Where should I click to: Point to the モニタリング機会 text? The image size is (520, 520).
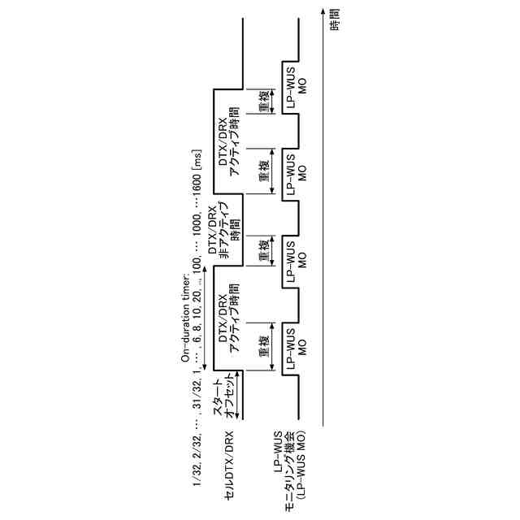point(289,463)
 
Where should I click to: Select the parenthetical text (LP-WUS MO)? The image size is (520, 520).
point(301,463)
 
